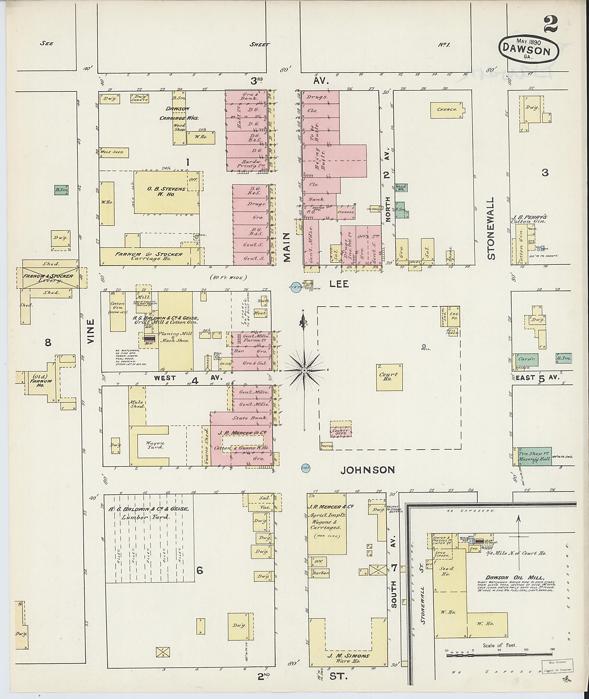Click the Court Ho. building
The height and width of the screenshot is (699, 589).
click(x=389, y=377)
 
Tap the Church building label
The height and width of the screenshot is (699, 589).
click(x=447, y=110)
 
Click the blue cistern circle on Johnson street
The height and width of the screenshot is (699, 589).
click(x=305, y=468)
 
